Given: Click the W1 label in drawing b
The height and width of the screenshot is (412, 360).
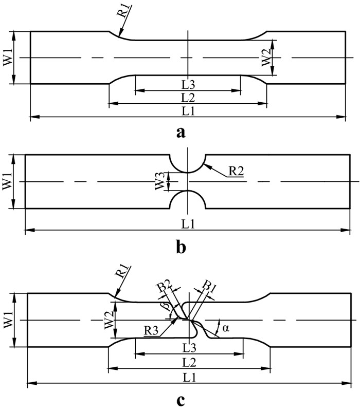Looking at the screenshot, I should pyautogui.click(x=8, y=181).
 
